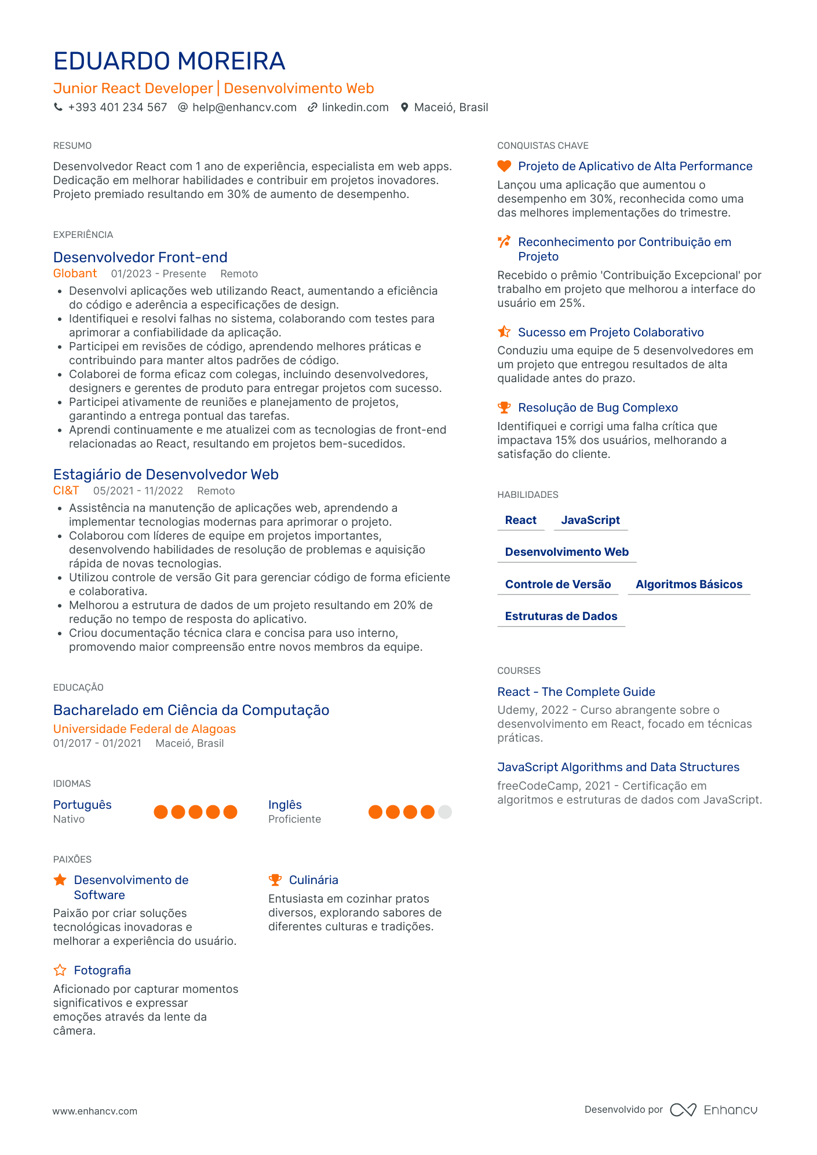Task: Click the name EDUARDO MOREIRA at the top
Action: (x=169, y=61)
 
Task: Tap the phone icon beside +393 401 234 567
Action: (x=58, y=107)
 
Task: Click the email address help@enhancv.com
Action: (x=244, y=108)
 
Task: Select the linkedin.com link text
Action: (x=355, y=108)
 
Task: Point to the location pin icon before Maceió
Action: (x=404, y=108)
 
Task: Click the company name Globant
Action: (x=75, y=274)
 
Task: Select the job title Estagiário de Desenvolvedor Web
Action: (x=166, y=475)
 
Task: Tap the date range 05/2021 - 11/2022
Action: (x=138, y=491)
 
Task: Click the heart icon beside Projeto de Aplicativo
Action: (x=504, y=166)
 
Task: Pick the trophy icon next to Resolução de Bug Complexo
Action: (x=504, y=408)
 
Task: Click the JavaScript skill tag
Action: (x=590, y=520)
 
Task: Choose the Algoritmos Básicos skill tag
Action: (x=688, y=584)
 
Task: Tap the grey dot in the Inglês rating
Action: (x=444, y=812)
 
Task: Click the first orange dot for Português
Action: (x=161, y=812)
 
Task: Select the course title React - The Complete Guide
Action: (x=576, y=692)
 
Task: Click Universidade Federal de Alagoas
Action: (x=144, y=729)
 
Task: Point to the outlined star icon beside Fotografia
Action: (x=60, y=970)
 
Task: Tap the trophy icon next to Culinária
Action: (x=275, y=880)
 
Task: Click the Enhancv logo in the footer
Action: (x=713, y=1110)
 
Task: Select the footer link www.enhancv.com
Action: (x=95, y=1111)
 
